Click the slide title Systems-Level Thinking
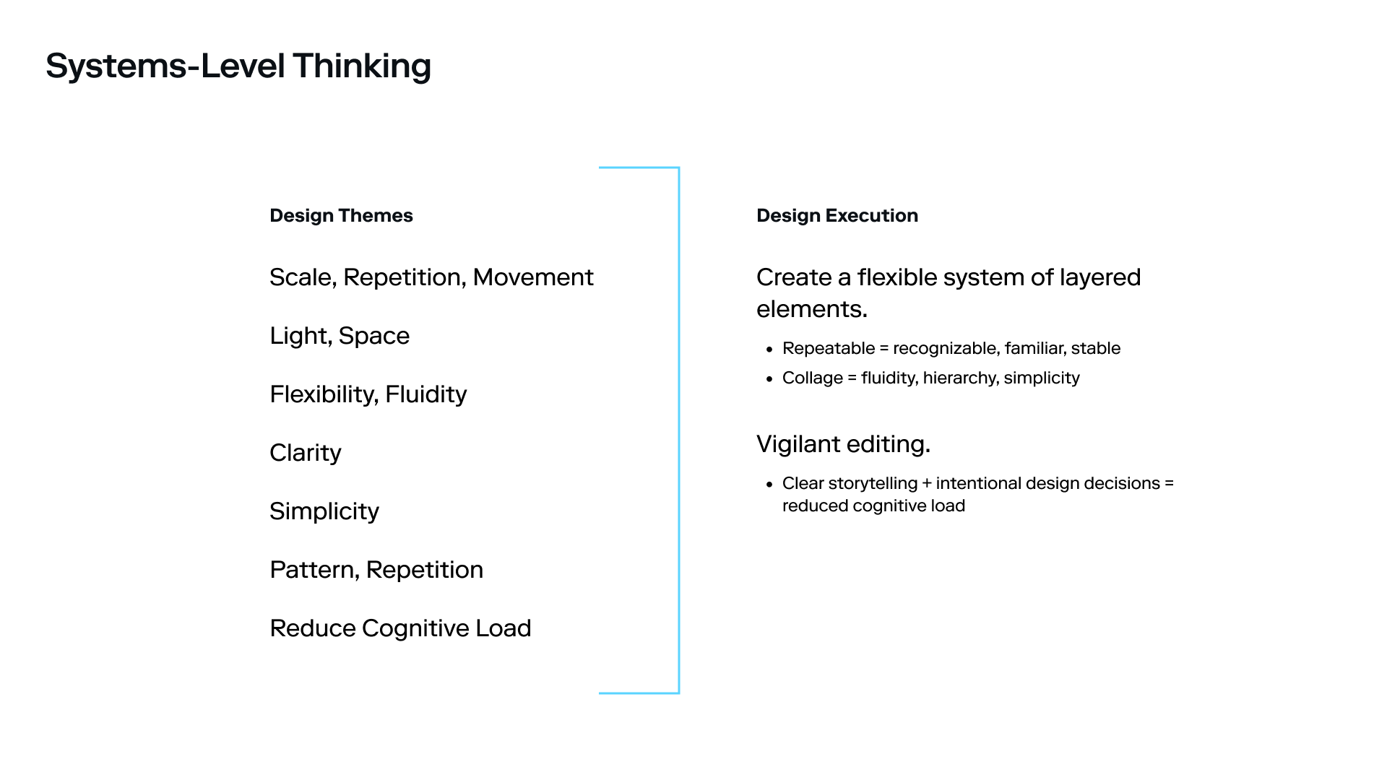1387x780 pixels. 238,66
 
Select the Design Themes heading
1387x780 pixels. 341,215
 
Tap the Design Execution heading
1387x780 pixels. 837,215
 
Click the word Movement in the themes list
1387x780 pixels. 532,277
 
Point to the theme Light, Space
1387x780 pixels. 340,336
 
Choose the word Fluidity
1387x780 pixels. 425,394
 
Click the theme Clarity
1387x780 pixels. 305,453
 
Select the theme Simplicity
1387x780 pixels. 324,511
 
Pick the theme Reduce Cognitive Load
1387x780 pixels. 400,628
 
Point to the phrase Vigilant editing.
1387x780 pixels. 843,444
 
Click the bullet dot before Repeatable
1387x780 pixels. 769,350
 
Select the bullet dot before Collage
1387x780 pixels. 769,379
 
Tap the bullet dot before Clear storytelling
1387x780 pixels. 769,485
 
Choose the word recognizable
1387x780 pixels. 946,348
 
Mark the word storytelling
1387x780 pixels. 872,483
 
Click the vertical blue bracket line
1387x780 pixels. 679,430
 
